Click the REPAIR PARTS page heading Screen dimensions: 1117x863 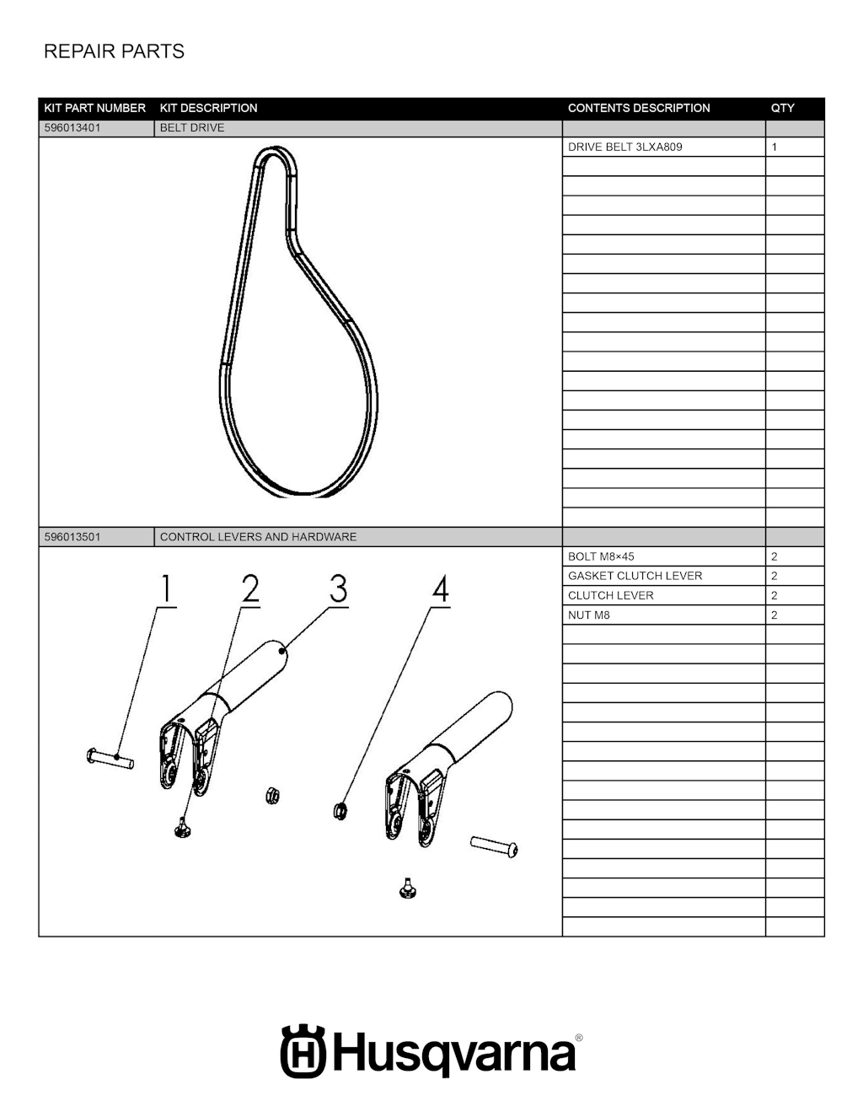[x=114, y=51]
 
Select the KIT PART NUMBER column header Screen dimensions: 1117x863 [x=95, y=108]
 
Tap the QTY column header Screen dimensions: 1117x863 [x=782, y=108]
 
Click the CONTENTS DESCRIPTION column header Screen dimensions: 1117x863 [x=639, y=108]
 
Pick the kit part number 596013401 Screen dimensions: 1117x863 [x=72, y=128]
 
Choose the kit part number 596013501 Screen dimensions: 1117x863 [x=72, y=537]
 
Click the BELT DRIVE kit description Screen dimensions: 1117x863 [x=192, y=128]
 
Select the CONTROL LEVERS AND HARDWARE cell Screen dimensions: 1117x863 [x=258, y=537]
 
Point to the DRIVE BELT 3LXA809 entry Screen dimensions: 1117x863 [x=625, y=147]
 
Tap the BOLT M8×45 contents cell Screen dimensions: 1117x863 [x=601, y=556]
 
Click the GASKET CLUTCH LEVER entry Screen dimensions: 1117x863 [x=635, y=576]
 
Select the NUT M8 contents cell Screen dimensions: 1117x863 [x=589, y=615]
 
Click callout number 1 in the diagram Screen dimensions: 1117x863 [x=166, y=588]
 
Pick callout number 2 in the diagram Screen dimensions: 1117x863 [x=250, y=588]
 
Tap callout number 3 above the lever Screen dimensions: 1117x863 [x=338, y=588]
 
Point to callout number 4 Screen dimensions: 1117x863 [x=441, y=589]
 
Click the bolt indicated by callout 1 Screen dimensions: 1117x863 [x=110, y=757]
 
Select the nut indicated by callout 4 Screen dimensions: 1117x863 [x=340, y=812]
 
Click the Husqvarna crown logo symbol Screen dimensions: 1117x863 [x=303, y=1051]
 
